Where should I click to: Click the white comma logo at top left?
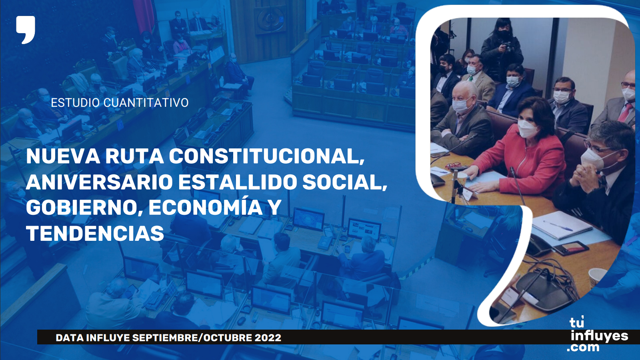pos(26,30)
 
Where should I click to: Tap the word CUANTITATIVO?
pos(146,103)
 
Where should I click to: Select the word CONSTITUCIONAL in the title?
pos(267,156)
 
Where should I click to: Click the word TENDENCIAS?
pos(95,234)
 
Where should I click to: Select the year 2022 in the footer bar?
pos(268,338)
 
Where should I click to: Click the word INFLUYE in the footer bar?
pos(108,338)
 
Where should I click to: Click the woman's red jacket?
pos(523,163)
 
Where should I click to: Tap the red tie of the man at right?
pos(626,112)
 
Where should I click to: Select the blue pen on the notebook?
pos(558,226)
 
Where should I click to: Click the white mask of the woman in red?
pos(528,128)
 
